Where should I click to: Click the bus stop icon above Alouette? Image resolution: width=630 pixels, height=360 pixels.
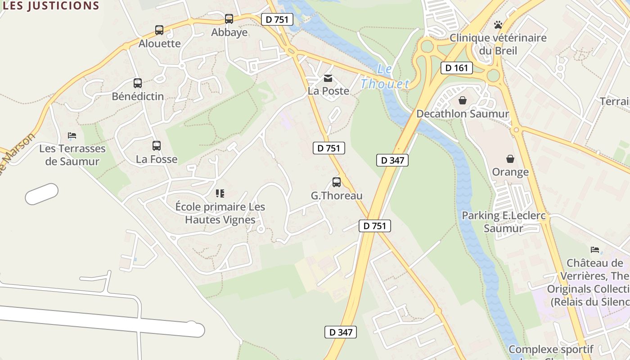159,30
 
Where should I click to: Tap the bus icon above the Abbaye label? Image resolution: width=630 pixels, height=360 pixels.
229,19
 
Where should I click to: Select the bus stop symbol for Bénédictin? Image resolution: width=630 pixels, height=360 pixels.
138,83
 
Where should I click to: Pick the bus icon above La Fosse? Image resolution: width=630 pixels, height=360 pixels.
157,146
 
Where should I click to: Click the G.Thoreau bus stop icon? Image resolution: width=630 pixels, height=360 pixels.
337,182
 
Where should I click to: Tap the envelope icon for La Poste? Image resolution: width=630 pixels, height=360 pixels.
328,78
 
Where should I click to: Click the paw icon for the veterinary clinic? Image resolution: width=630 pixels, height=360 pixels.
498,25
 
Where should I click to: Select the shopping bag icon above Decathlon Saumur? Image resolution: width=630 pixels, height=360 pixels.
462,100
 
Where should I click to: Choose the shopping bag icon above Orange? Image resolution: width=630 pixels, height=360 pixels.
510,159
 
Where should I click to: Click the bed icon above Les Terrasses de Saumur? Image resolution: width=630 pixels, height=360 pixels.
72,135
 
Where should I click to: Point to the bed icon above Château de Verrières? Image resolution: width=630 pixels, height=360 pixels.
595,250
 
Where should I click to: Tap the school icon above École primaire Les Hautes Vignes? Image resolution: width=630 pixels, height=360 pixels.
220,193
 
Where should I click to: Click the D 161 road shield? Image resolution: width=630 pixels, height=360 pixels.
457,68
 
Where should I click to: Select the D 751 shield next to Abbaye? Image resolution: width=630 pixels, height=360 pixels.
277,19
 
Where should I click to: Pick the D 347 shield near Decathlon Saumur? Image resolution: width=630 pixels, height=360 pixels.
392,160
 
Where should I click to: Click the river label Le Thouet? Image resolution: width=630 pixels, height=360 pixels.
385,77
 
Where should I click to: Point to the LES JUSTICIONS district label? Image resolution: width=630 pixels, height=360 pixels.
51,6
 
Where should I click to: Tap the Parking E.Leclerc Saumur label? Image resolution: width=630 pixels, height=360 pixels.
504,222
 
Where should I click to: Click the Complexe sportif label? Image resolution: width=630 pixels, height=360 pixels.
551,350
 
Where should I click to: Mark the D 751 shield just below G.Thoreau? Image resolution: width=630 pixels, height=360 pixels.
375,226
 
